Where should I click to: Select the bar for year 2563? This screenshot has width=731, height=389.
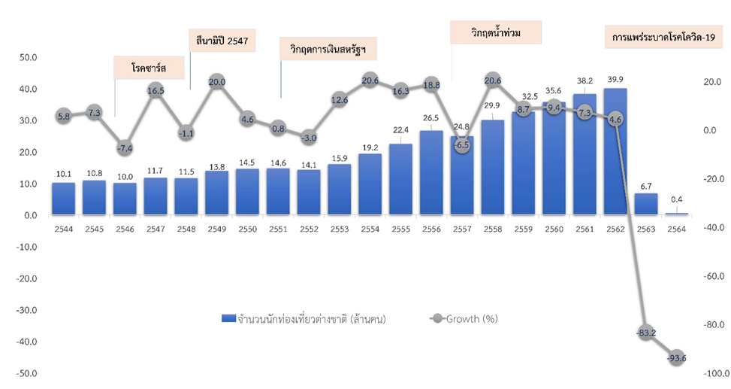(x=645, y=205)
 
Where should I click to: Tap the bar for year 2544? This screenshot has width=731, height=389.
(x=64, y=199)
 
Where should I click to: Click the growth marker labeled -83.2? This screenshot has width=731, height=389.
(x=646, y=333)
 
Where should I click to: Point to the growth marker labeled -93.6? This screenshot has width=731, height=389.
(x=677, y=358)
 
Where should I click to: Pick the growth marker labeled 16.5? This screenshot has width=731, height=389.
(x=156, y=90)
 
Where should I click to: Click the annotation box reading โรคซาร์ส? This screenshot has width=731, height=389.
(x=148, y=68)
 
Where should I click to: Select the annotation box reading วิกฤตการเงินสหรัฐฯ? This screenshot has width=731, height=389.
(x=328, y=50)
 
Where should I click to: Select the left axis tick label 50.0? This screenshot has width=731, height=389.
(x=28, y=57)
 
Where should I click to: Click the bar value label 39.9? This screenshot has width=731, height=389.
(x=615, y=80)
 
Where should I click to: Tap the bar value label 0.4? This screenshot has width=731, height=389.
(x=677, y=201)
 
